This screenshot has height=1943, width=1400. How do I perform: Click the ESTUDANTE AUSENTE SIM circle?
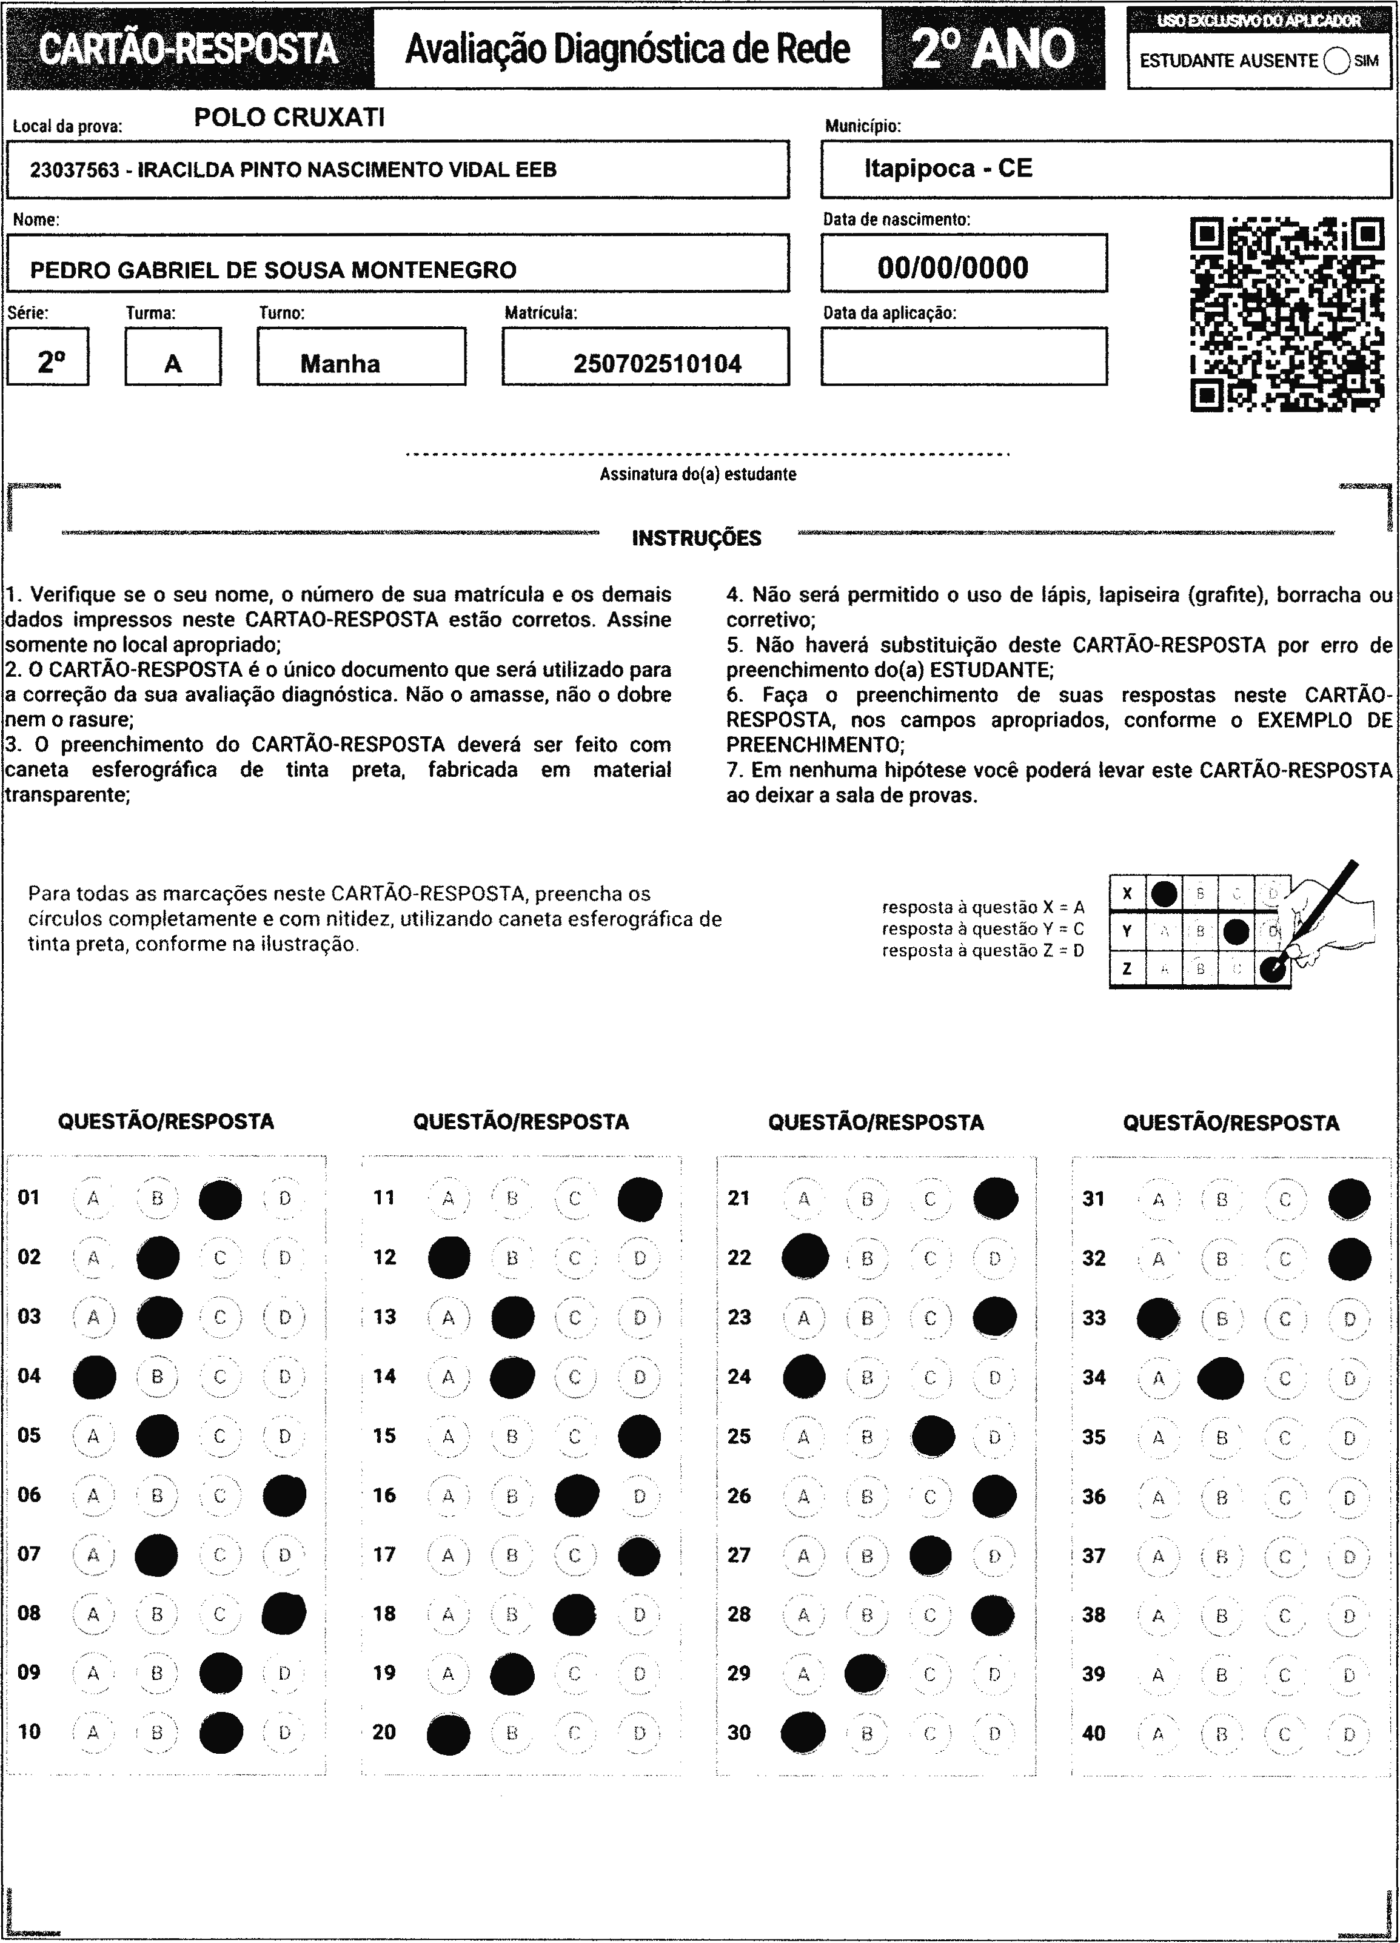1336,61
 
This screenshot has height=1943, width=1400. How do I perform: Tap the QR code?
1287,314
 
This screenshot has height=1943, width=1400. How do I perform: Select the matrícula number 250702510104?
657,364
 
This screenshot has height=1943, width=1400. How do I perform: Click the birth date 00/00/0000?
953,267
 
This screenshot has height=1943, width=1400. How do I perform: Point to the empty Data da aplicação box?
964,357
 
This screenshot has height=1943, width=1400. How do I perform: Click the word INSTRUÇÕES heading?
697,538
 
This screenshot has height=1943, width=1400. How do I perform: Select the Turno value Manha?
340,363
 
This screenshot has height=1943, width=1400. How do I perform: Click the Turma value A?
173,364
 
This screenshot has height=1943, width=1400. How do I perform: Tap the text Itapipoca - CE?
948,168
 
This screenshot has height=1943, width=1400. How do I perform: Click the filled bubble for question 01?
220,1198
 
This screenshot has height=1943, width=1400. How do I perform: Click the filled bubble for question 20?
448,1734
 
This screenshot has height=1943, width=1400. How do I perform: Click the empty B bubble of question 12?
512,1258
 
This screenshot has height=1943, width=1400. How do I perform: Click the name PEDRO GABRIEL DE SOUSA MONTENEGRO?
273,270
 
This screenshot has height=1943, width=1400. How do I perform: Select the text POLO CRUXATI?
290,118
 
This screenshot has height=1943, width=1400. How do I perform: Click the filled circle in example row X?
1164,893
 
